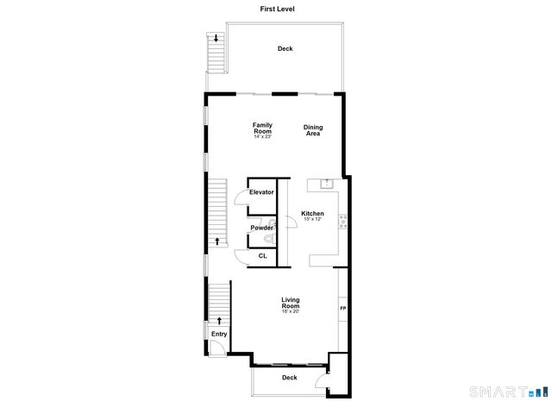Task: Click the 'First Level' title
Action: [x=275, y=9]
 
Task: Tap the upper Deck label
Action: [x=285, y=49]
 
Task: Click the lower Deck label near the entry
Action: [x=290, y=378]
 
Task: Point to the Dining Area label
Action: [x=313, y=130]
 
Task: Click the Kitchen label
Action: [x=312, y=213]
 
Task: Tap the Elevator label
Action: [x=261, y=191]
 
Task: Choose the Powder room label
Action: [x=261, y=228]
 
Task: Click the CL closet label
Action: [x=262, y=256]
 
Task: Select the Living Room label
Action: [x=291, y=303]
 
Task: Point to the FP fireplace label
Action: [x=342, y=309]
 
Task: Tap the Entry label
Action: [x=219, y=334]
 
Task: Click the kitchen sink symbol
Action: [x=327, y=183]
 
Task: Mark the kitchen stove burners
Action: [x=343, y=220]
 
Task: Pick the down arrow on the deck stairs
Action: [x=216, y=38]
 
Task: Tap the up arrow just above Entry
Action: [x=219, y=320]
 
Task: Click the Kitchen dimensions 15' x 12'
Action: [x=312, y=219]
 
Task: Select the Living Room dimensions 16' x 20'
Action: [x=291, y=311]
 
